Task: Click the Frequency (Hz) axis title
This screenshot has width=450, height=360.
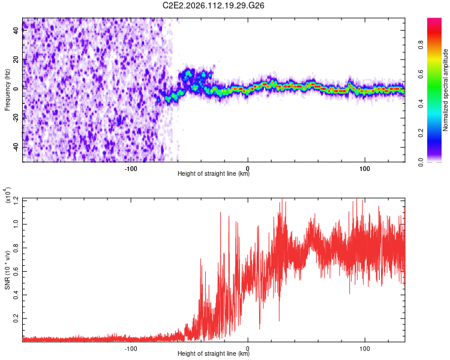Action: pos(7,90)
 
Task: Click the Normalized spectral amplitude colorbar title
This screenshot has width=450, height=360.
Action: pos(446,90)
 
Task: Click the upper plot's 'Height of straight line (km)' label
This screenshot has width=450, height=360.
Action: pos(214,174)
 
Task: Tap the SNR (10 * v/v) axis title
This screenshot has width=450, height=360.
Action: pos(7,270)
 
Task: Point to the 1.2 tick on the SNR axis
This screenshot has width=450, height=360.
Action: pos(16,199)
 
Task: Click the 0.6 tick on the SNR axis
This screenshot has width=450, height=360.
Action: pos(16,270)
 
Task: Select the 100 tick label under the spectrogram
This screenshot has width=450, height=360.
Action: pos(364,167)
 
